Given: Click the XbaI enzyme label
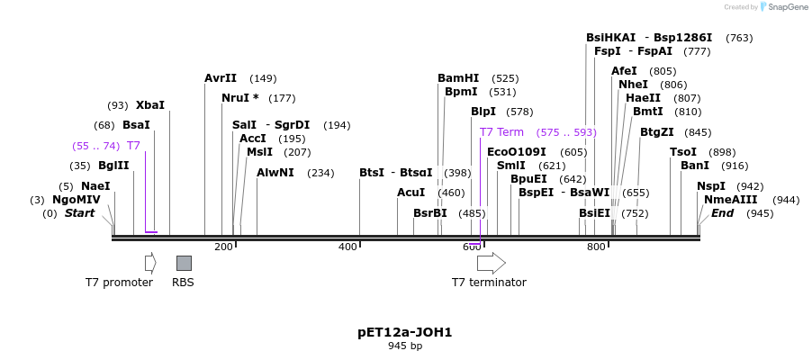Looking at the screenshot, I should [x=150, y=105].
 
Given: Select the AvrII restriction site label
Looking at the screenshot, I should [x=221, y=78].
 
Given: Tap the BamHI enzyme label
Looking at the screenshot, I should [x=458, y=78].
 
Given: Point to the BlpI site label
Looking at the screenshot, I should [x=483, y=112].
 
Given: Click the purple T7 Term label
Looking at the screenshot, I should [x=501, y=132].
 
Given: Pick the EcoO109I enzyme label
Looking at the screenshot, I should [x=517, y=152].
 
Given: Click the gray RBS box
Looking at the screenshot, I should [x=184, y=263].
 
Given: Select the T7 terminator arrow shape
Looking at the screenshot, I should [x=491, y=263].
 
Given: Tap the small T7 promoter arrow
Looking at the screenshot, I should [x=150, y=263].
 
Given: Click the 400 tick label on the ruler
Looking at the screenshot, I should [x=347, y=247].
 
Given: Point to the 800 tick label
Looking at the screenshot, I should [x=596, y=247].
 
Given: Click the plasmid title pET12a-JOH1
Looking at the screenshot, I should [x=405, y=332].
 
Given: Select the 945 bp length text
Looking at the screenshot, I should [x=405, y=346].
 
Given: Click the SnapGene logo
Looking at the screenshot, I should [x=780, y=7].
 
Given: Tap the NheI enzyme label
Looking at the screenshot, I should [x=633, y=85].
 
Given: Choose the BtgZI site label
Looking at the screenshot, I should [x=657, y=132].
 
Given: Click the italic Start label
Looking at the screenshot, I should [x=79, y=213].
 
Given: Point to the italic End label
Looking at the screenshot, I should [x=723, y=213].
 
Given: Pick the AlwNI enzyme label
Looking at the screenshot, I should [x=275, y=173].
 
